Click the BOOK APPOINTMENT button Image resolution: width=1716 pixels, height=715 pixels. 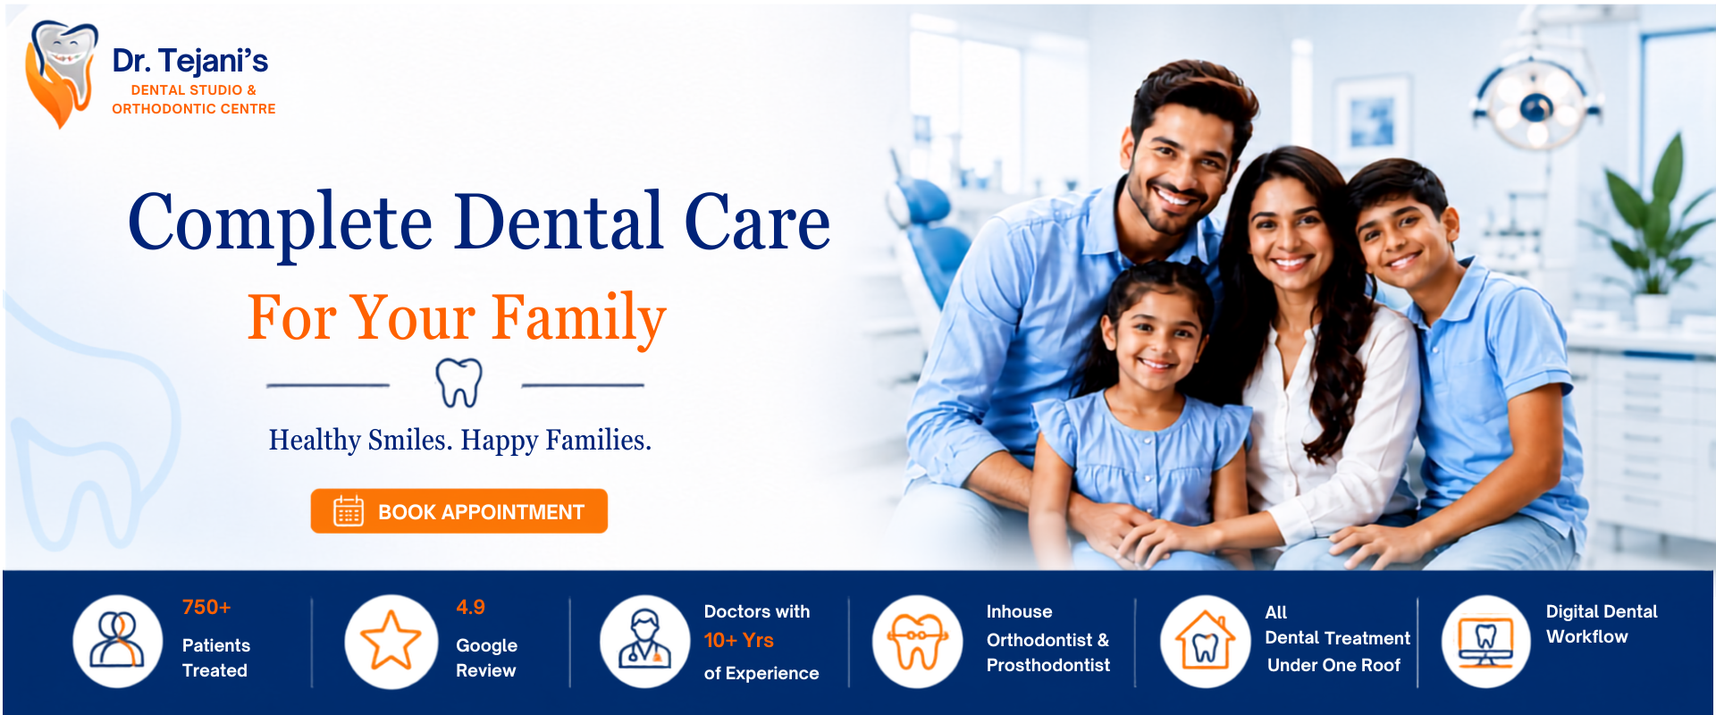pos(459,511)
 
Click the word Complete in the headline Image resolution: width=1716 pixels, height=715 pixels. pos(281,223)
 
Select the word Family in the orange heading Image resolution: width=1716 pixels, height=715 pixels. pos(579,319)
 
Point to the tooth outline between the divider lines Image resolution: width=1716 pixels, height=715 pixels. pos(458,383)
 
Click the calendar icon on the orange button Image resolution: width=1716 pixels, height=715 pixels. pos(349,511)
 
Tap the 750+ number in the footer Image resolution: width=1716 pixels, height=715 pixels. pos(206,608)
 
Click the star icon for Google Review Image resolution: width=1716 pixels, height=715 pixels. pos(391,641)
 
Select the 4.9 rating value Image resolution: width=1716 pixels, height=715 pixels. pos(470,608)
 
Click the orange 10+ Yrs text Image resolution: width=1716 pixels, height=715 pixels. pos(739,641)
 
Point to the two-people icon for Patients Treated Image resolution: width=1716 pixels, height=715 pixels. pos(117,640)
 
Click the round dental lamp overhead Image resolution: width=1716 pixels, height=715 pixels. pos(1535,105)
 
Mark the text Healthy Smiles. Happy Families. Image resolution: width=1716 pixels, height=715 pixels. pos(460,441)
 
